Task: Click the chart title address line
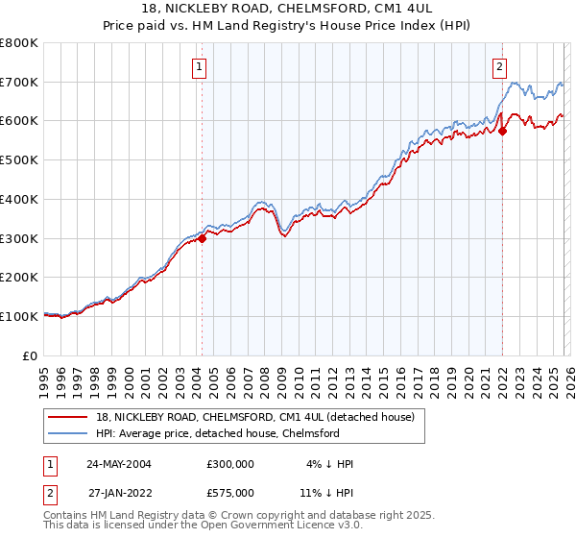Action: [x=287, y=11]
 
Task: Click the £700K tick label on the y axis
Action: [x=19, y=82]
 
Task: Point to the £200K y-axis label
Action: [x=19, y=277]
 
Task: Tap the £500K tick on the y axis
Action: [x=19, y=159]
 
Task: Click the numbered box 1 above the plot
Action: [x=199, y=67]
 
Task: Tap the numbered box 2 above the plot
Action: [x=500, y=67]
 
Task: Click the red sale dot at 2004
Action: [x=203, y=239]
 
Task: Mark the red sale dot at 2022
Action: [x=503, y=132]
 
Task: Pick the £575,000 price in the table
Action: [x=230, y=492]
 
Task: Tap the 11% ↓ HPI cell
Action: [x=325, y=492]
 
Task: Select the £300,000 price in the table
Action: [x=230, y=464]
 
